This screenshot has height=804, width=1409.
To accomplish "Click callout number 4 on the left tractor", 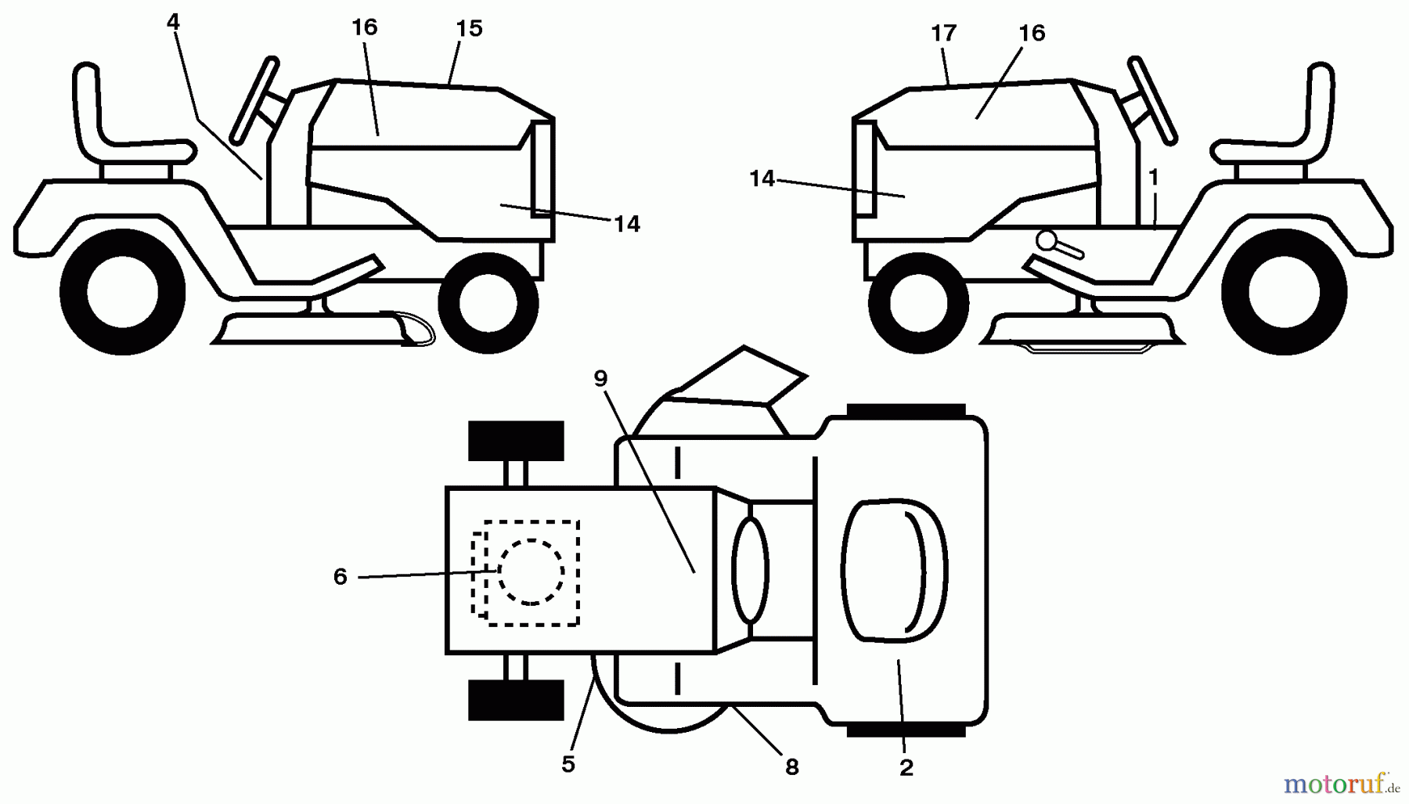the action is pyautogui.click(x=173, y=23).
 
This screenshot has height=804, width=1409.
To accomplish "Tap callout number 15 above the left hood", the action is pyautogui.click(x=469, y=29).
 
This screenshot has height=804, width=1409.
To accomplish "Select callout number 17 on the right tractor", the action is pyautogui.click(x=944, y=34).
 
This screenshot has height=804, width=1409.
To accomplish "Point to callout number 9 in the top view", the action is pyautogui.click(x=600, y=379).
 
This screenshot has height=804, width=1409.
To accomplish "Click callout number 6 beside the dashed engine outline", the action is pyautogui.click(x=340, y=577).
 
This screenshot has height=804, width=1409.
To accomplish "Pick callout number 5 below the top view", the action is pyautogui.click(x=568, y=764).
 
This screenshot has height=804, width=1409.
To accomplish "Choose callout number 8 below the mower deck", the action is pyautogui.click(x=792, y=767).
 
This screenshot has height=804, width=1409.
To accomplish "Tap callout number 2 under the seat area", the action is pyautogui.click(x=906, y=767).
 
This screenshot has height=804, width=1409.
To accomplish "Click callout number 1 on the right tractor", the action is pyautogui.click(x=1153, y=178).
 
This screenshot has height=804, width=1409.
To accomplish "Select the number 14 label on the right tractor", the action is pyautogui.click(x=762, y=179).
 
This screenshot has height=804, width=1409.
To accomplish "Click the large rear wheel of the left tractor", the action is pyautogui.click(x=122, y=293).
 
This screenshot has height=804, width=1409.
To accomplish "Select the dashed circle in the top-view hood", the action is pyautogui.click(x=531, y=571).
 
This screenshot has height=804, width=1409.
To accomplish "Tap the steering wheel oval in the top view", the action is pyautogui.click(x=750, y=570).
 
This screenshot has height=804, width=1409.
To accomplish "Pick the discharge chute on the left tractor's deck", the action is pyautogui.click(x=409, y=328).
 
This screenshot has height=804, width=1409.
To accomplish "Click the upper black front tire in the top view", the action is pyautogui.click(x=516, y=441).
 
